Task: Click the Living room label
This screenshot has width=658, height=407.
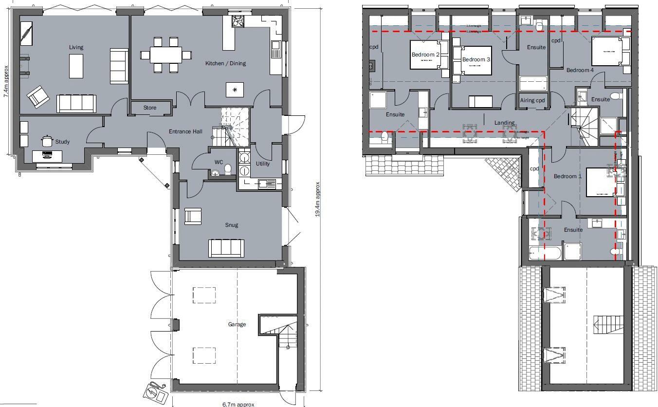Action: click(76, 47)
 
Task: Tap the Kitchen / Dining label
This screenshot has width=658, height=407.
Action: click(225, 63)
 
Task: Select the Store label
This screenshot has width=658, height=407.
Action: click(150, 108)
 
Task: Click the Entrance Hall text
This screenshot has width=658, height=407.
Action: click(185, 131)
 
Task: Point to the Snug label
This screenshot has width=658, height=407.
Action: click(231, 225)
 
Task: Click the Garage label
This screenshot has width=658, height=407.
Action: click(237, 324)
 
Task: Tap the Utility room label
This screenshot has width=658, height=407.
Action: click(263, 164)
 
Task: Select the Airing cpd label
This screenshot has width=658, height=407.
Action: click(533, 100)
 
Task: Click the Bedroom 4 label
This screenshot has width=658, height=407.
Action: click(580, 70)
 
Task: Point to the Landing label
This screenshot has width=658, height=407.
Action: click(505, 123)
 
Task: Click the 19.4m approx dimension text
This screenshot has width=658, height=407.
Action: click(317, 199)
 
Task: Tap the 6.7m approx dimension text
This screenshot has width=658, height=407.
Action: click(238, 404)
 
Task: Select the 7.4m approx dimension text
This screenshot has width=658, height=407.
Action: click(6, 81)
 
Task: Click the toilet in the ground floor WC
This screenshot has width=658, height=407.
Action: click(228, 168)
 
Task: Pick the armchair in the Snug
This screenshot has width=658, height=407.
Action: click(193, 216)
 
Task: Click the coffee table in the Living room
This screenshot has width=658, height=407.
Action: click(76, 66)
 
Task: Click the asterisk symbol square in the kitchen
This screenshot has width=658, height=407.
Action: click(235, 90)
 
